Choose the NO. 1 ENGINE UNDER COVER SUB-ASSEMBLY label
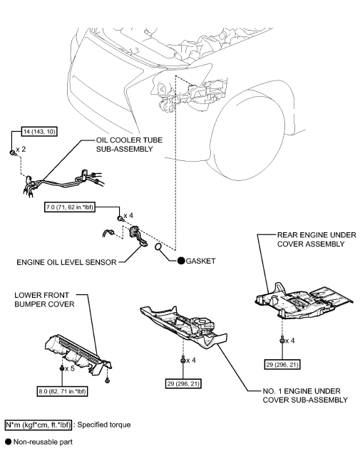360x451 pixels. (x=305, y=395)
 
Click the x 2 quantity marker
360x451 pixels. (x=24, y=151)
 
